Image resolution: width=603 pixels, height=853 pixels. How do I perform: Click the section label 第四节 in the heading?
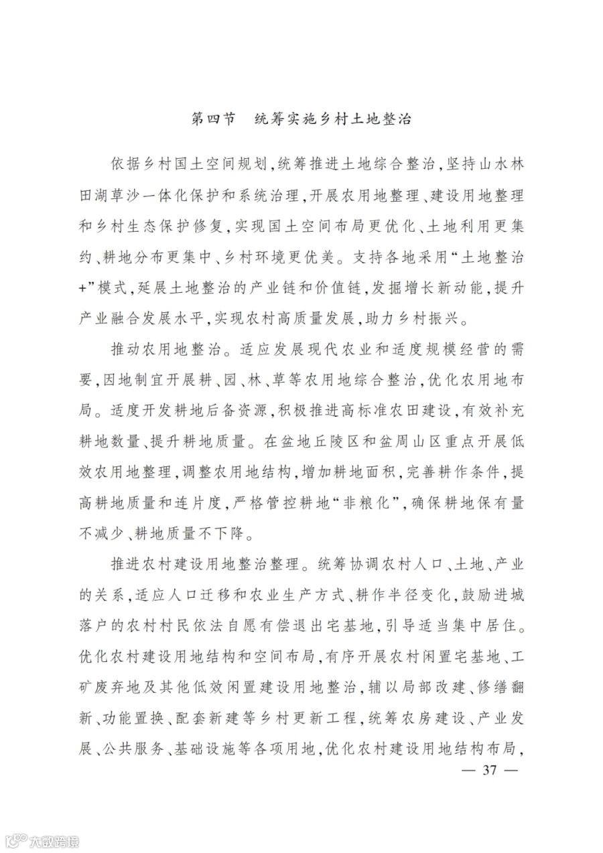pyautogui.click(x=214, y=119)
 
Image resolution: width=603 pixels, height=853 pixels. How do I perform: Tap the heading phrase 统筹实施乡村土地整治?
pyautogui.click(x=333, y=119)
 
